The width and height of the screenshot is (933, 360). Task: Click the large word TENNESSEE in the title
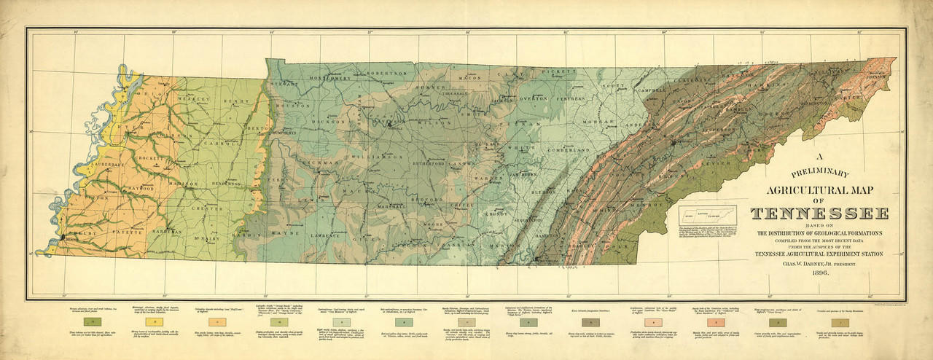pyautogui.click(x=819, y=214)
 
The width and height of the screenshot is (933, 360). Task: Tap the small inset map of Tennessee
pyautogui.click(x=707, y=216)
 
